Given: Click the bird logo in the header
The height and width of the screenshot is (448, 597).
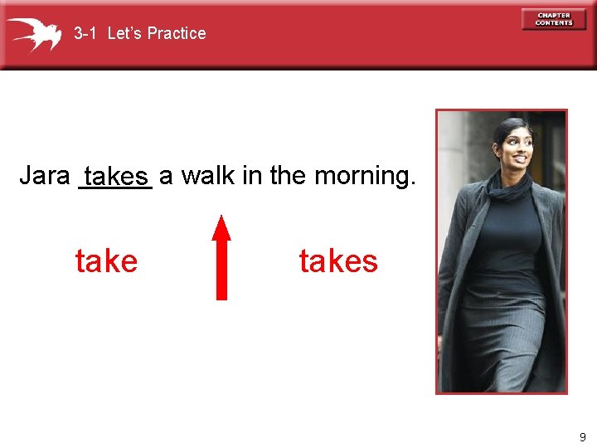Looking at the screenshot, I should click(34, 34).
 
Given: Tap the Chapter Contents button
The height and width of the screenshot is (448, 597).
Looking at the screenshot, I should click(553, 19).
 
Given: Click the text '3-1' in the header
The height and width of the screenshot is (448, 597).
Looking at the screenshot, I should click(86, 33).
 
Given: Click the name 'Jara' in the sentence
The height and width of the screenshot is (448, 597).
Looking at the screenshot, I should click(45, 176).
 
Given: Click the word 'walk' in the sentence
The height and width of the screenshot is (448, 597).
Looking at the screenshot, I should click(204, 176).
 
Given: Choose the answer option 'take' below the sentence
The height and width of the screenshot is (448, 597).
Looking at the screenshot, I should click(106, 261).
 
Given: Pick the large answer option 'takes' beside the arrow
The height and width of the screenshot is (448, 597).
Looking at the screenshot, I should click(338, 261).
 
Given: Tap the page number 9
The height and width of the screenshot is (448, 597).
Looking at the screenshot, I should click(583, 436).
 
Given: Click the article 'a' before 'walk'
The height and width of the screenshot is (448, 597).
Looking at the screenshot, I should click(166, 177).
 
